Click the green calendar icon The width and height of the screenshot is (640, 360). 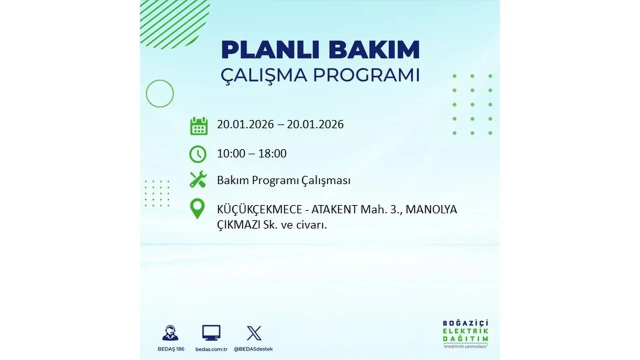tap(198, 125)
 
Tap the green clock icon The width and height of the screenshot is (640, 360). tap(198, 154)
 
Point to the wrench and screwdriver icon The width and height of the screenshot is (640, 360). tap(198, 179)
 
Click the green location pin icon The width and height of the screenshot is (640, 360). tap(198, 208)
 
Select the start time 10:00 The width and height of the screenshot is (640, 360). tap(231, 153)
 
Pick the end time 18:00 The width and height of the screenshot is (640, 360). tap(272, 153)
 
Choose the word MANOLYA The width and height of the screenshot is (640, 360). tap(431, 210)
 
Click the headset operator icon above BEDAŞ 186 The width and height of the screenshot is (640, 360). tap(170, 332)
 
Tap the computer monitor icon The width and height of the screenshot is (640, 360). tap(211, 332)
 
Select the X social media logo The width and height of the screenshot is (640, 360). tap(254, 333)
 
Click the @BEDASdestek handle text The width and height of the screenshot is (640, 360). tap(254, 348)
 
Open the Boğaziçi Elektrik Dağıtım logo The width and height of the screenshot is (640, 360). tap(465, 332)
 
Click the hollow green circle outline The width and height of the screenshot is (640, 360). tap(159, 93)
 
